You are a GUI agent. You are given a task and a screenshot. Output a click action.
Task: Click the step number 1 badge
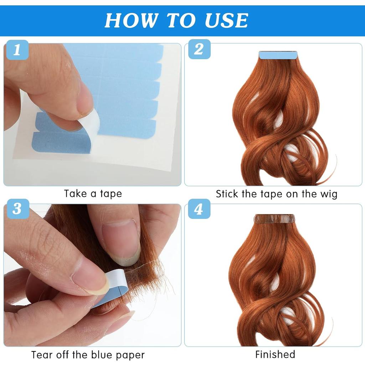17,50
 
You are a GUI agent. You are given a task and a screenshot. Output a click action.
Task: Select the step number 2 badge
198,50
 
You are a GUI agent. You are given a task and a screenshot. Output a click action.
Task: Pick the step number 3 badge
17,209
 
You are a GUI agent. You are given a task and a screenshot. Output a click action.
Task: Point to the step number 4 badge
198,209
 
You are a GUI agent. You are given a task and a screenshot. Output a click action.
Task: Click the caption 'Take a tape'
93,194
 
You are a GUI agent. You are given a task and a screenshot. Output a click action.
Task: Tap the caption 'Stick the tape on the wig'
276,194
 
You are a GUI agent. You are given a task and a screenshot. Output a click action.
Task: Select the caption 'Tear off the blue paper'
88,355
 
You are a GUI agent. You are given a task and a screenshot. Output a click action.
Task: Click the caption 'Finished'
275,354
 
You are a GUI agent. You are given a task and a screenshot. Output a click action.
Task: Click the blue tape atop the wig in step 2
278,55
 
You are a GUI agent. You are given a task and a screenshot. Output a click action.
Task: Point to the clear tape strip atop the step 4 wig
274,219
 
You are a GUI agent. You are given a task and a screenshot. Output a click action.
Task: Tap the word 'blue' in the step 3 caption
108,355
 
